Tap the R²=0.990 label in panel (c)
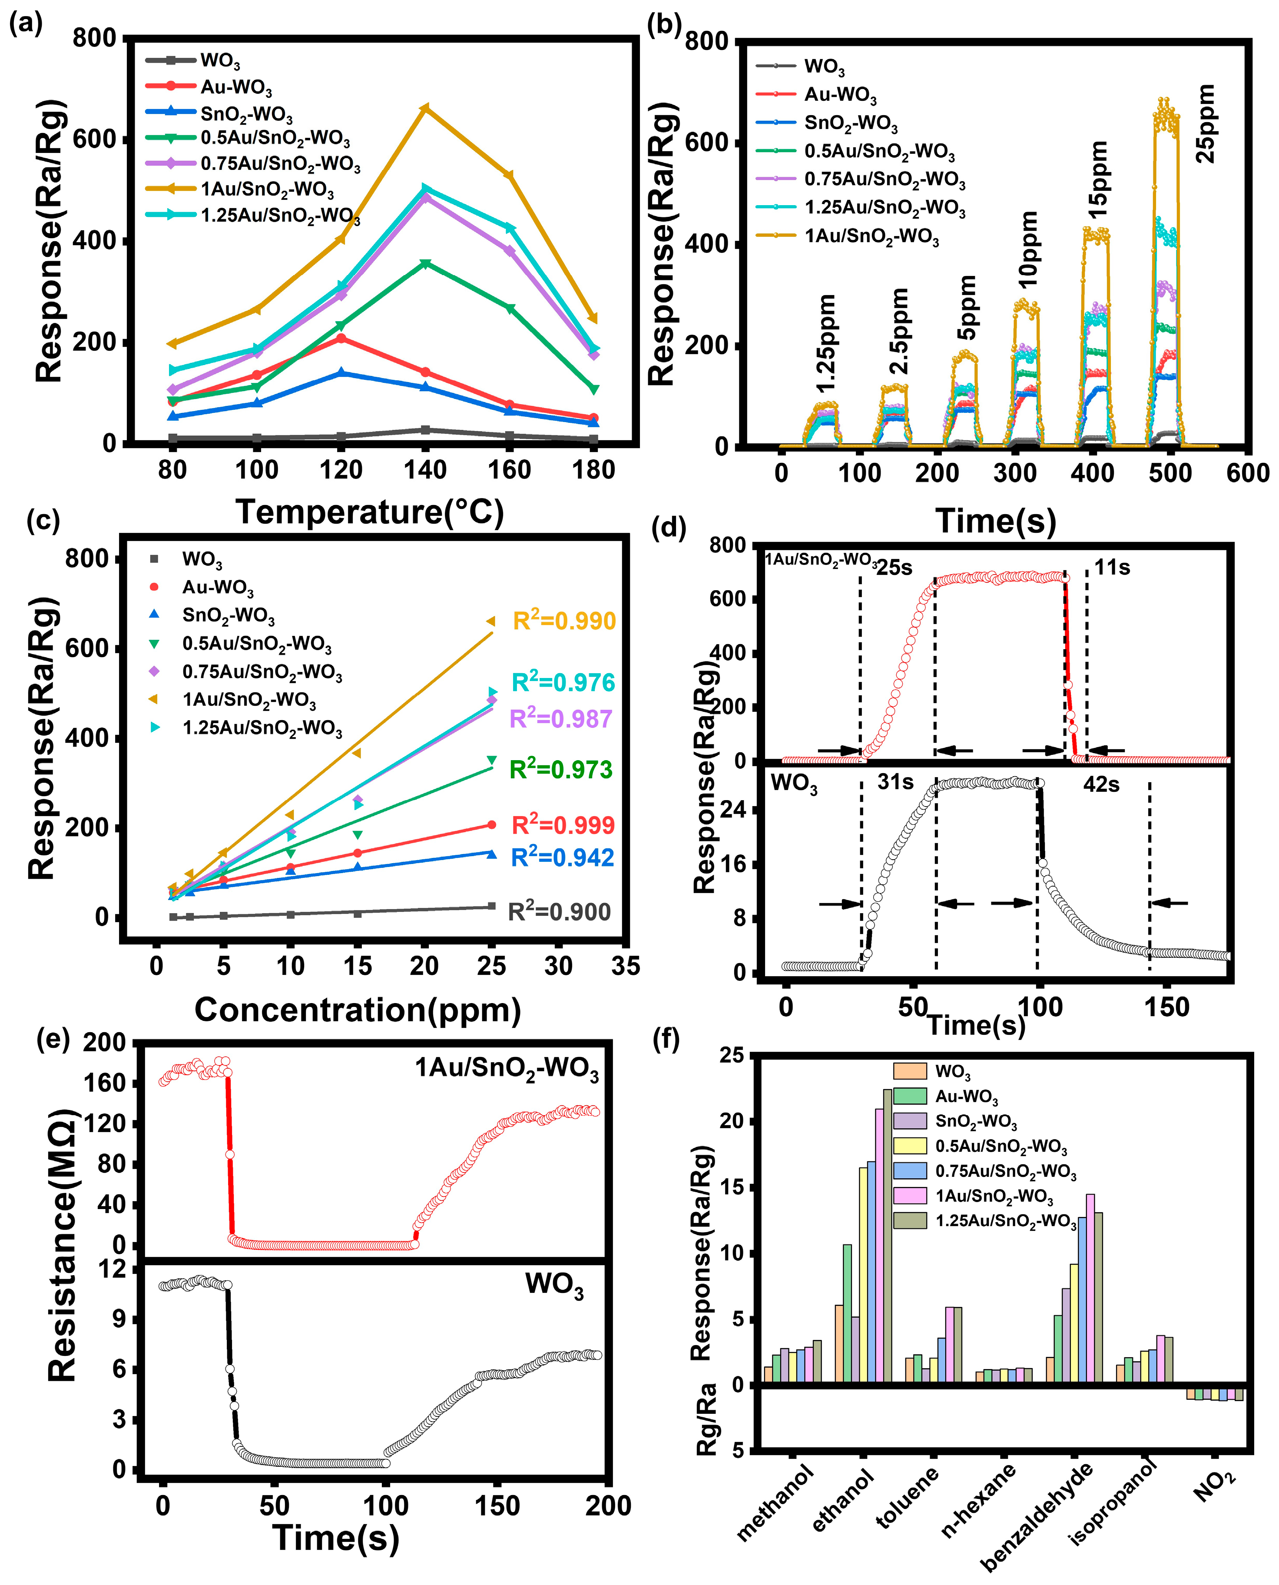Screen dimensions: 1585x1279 coord(563,621)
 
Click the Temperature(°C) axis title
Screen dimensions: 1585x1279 coord(369,512)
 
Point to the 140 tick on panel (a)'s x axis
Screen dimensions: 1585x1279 coord(425,469)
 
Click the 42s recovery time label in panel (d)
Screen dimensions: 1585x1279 coord(1101,785)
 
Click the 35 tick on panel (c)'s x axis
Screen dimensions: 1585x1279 coord(626,965)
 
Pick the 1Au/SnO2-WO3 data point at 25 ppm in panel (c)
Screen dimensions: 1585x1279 coord(490,621)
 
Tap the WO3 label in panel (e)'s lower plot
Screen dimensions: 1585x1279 coord(554,1284)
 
